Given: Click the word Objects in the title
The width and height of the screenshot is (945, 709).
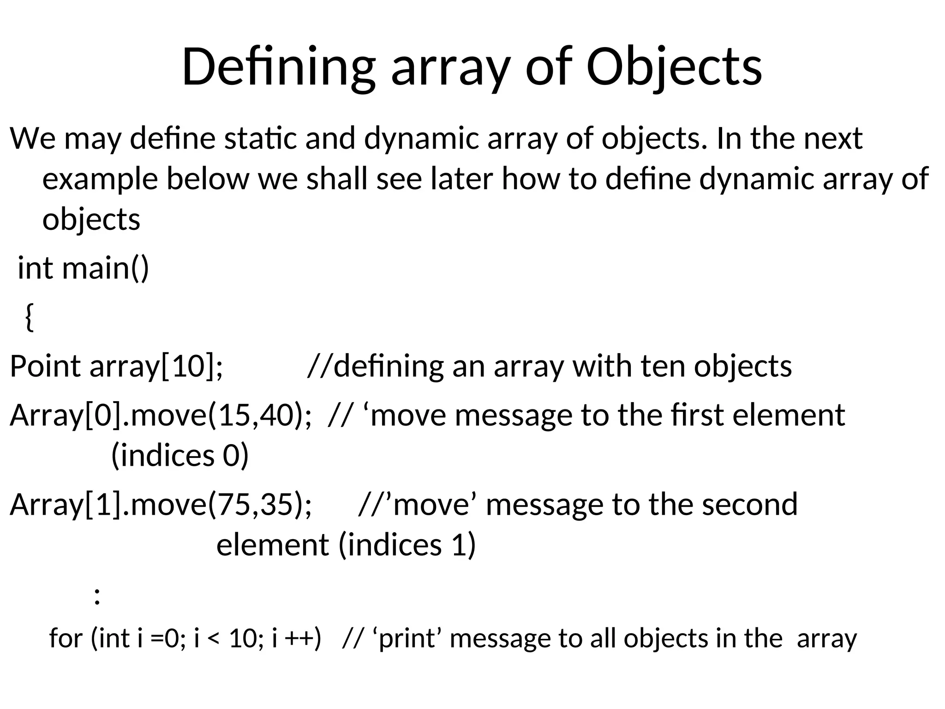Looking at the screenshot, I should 674,67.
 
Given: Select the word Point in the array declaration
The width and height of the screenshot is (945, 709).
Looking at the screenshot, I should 45,367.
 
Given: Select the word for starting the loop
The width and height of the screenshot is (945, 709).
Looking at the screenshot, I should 66,638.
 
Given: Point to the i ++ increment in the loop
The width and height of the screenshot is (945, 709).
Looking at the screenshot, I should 296,638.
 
